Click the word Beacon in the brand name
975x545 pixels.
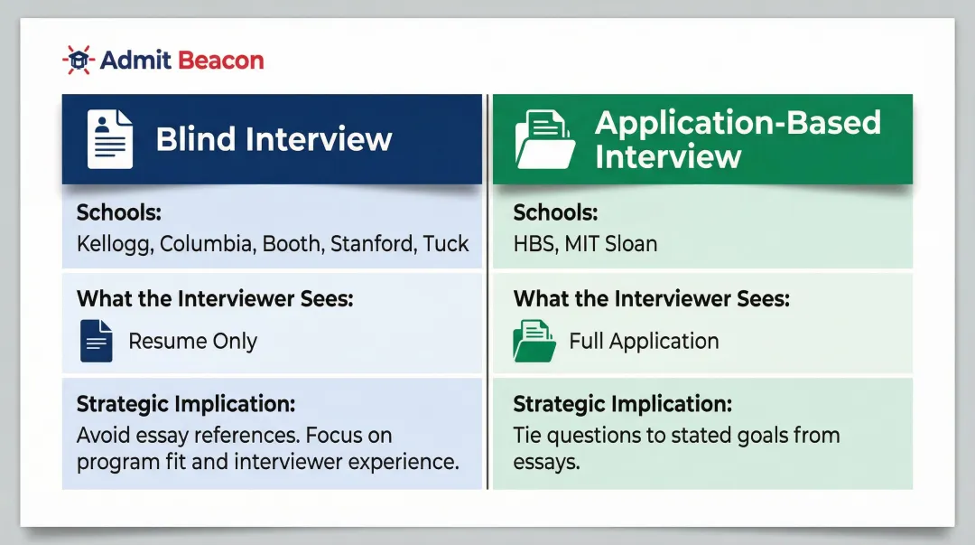[221, 61]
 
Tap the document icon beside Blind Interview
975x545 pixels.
[109, 139]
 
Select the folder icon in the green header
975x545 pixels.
[544, 139]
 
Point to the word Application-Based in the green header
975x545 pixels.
[738, 123]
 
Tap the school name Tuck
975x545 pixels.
[446, 244]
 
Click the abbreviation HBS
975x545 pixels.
[534, 244]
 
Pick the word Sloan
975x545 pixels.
[630, 244]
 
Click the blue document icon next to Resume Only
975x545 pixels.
[97, 341]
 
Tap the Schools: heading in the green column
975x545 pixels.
[555, 213]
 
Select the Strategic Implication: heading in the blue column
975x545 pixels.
[186, 403]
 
